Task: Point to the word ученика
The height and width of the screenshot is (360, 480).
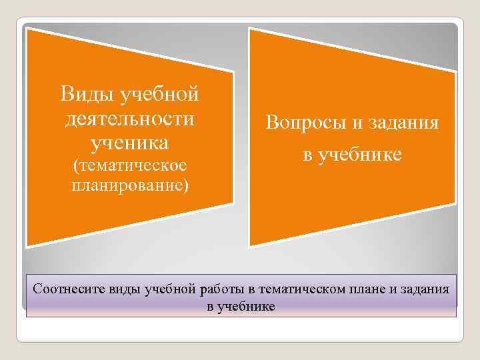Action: tap(130, 143)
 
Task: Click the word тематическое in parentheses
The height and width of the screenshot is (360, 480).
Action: tap(133, 165)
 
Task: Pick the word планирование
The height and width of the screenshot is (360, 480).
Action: tap(128, 184)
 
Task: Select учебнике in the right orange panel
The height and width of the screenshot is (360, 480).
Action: tap(361, 155)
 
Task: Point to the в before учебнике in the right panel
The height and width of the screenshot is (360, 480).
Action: tap(307, 155)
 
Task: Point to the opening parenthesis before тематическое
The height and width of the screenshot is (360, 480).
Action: tap(75, 165)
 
